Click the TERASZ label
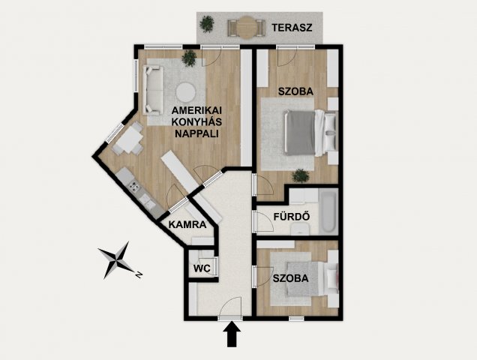click(292, 28)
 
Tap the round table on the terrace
click(247, 28)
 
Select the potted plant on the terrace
click(207, 24)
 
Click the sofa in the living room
click(153, 91)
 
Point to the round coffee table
click(185, 92)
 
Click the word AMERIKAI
click(196, 110)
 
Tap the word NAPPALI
click(196, 133)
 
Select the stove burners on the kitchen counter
click(133, 186)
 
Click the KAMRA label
click(187, 225)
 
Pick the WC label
click(202, 268)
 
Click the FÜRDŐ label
click(292, 216)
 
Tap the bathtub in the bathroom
click(328, 211)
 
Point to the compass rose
click(116, 260)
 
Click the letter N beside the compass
click(139, 275)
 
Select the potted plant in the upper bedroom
click(301, 176)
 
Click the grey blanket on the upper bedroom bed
click(299, 133)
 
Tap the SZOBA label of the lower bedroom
click(291, 278)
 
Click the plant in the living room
click(190, 58)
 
